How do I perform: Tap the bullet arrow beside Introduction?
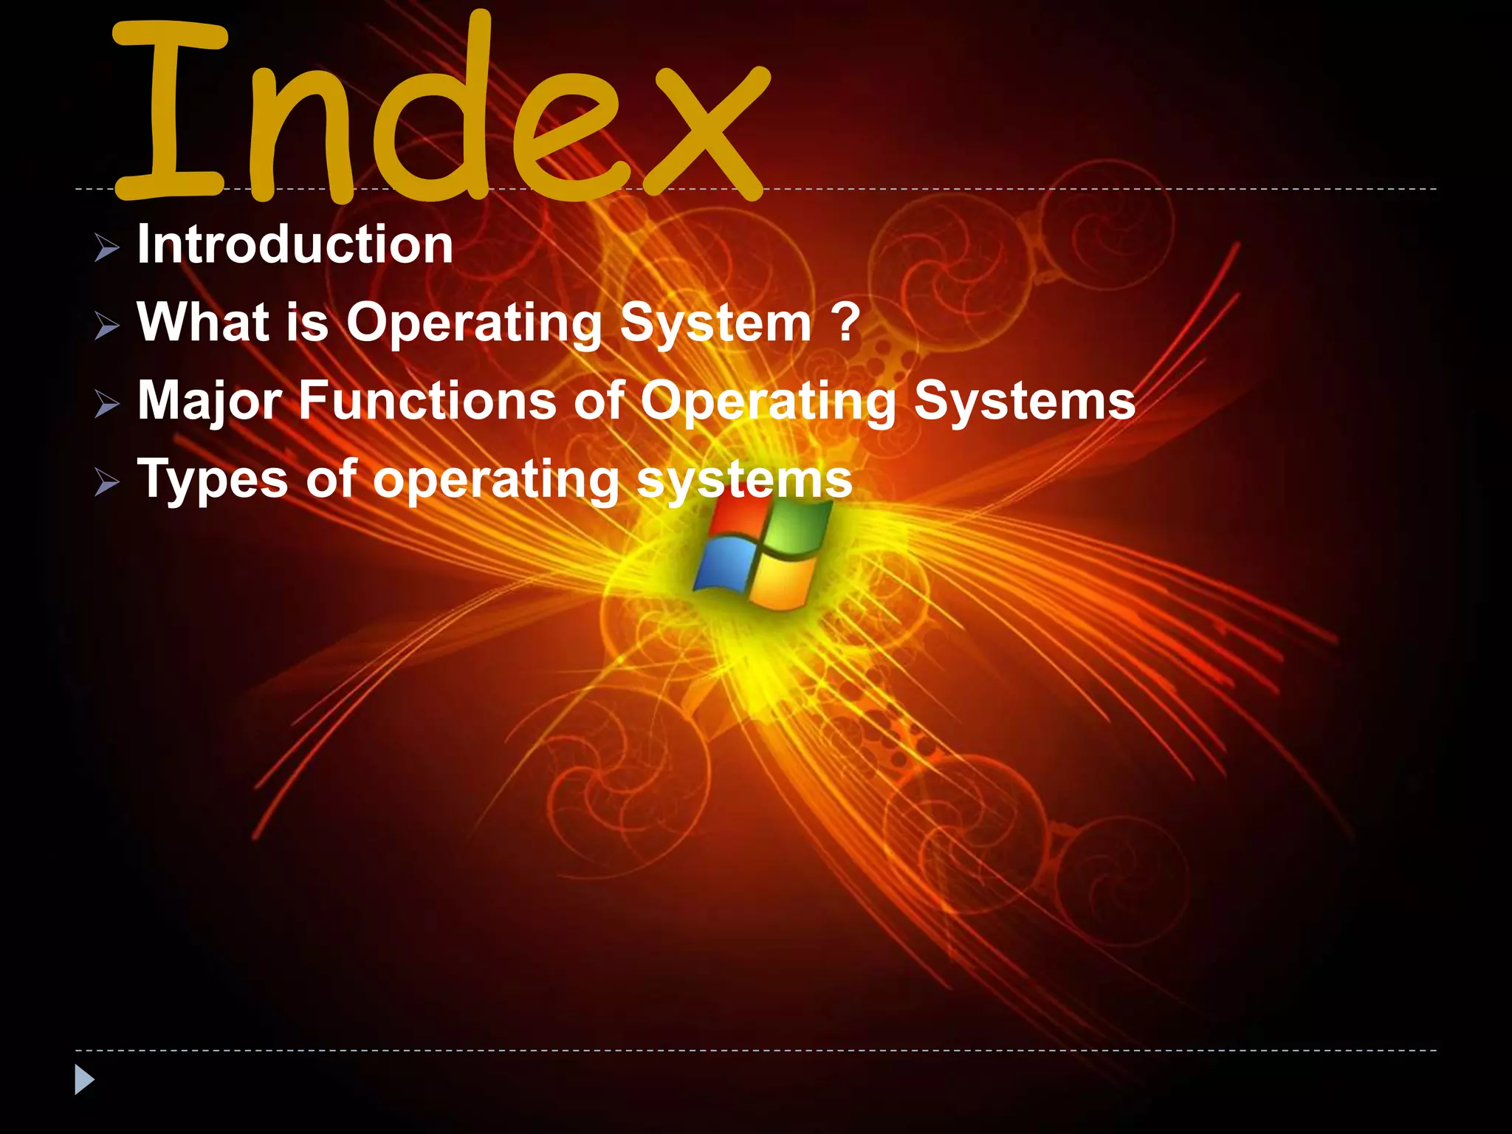tap(107, 247)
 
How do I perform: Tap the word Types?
tap(213, 480)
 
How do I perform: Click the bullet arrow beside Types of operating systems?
tap(107, 483)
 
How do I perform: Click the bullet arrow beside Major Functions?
tap(107, 404)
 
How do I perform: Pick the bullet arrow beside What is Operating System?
tap(107, 325)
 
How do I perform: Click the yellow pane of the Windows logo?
tap(783, 583)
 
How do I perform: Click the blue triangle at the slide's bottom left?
tap(84, 1080)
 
